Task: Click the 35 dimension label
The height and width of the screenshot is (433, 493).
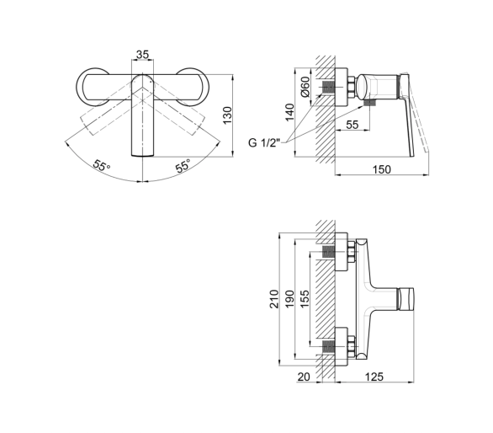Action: coord(142,54)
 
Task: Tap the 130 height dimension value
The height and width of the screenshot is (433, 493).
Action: coord(227,115)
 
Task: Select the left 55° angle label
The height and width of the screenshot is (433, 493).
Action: coord(102,165)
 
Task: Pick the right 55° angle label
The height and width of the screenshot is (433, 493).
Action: coord(183,165)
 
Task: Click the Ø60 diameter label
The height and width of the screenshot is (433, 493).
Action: coord(305,86)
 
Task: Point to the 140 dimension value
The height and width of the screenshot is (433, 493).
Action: coord(289,112)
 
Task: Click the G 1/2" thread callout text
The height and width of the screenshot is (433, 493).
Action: coord(264,142)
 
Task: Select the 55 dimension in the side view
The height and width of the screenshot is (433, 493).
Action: coord(353,125)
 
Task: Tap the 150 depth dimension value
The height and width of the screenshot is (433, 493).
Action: coord(382,169)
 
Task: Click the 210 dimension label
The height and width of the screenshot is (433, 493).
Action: coord(274,299)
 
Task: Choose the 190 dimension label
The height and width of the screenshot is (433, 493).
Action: coord(289,299)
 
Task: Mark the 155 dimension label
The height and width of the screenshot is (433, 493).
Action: coord(305,299)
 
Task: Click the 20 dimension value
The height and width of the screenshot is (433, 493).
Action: coord(304,377)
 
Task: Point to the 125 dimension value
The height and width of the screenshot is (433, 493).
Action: coord(374,377)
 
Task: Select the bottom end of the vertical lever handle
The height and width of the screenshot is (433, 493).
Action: coord(142,156)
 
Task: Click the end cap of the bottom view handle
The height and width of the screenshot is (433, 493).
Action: coord(406,299)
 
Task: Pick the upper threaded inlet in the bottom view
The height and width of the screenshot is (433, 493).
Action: coord(328,253)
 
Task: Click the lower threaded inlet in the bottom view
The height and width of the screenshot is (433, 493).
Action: coord(328,347)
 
